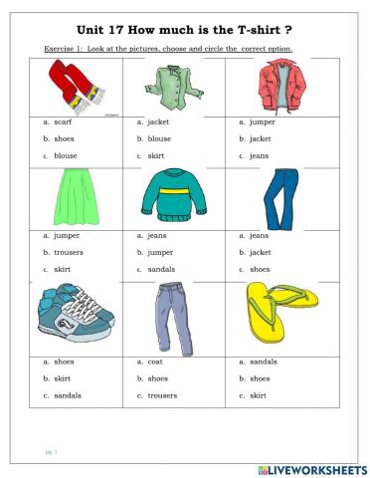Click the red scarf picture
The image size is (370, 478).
click(x=75, y=84)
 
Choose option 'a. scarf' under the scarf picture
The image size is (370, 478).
click(x=60, y=122)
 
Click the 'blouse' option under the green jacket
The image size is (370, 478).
click(x=159, y=139)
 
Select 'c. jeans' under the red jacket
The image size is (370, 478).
click(x=259, y=156)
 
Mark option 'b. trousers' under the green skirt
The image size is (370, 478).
click(x=65, y=253)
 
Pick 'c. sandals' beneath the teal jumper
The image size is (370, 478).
click(x=161, y=270)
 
